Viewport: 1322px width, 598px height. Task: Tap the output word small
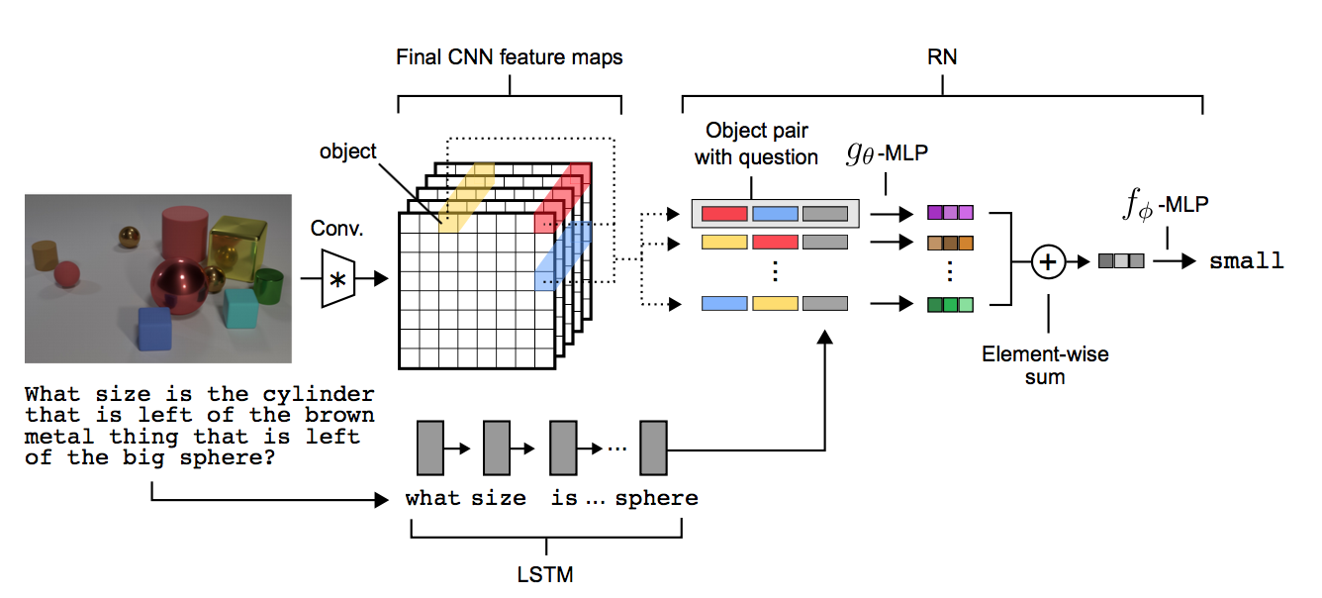[x=1247, y=261]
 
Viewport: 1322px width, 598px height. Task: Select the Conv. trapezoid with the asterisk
[x=337, y=279]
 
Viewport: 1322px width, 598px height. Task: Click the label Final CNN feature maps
[x=510, y=57]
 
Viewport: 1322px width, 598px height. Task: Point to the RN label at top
[x=943, y=58]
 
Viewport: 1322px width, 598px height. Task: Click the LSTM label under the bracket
[x=546, y=574]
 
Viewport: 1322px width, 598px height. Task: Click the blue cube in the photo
[x=153, y=329]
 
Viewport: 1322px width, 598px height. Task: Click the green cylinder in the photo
[x=267, y=287]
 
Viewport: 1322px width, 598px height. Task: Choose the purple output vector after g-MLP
[x=950, y=212]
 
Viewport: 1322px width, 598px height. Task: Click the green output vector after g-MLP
[x=950, y=304]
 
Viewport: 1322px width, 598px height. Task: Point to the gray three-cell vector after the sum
[x=1121, y=261]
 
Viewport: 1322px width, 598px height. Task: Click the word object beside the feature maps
[x=347, y=151]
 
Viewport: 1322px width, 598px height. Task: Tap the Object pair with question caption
[x=756, y=144]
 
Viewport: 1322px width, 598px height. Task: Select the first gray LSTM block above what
[x=429, y=447]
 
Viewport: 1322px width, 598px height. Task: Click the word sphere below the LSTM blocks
[x=656, y=498]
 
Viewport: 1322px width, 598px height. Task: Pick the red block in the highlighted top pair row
[x=724, y=212]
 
